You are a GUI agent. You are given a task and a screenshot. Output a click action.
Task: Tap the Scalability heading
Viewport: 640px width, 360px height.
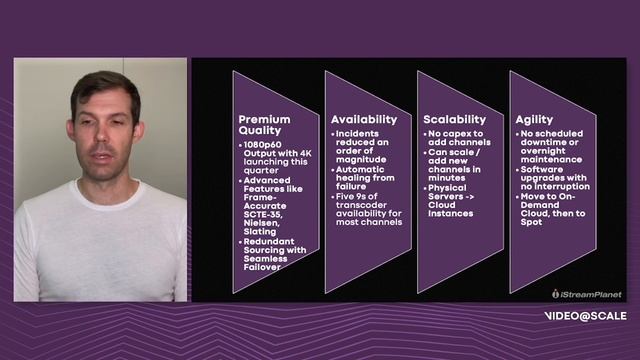click(455, 118)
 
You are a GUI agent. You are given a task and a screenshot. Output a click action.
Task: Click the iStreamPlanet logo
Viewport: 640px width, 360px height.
click(587, 294)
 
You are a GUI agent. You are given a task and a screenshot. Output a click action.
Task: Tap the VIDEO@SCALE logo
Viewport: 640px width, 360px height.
click(586, 316)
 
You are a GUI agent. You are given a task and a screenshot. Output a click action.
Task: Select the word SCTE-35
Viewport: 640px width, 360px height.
click(263, 221)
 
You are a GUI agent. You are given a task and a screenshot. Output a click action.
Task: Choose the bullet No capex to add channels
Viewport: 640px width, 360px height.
click(459, 138)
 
